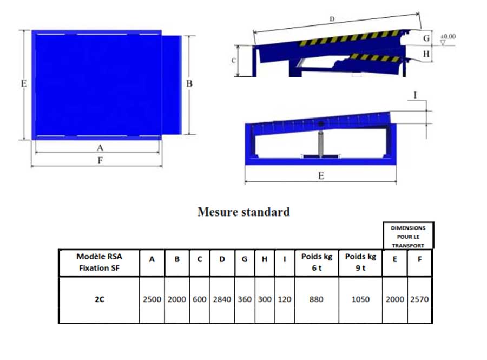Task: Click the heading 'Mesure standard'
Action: (244, 212)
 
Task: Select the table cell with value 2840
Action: (222, 299)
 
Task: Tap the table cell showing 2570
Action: (419, 299)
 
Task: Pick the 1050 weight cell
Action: (360, 299)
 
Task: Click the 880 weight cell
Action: (317, 299)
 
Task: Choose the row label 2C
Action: (100, 299)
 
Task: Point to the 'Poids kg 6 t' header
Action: (317, 263)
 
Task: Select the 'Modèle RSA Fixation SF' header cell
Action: (100, 263)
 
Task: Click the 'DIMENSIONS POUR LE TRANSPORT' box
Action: (409, 236)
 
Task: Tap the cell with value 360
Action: (245, 299)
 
